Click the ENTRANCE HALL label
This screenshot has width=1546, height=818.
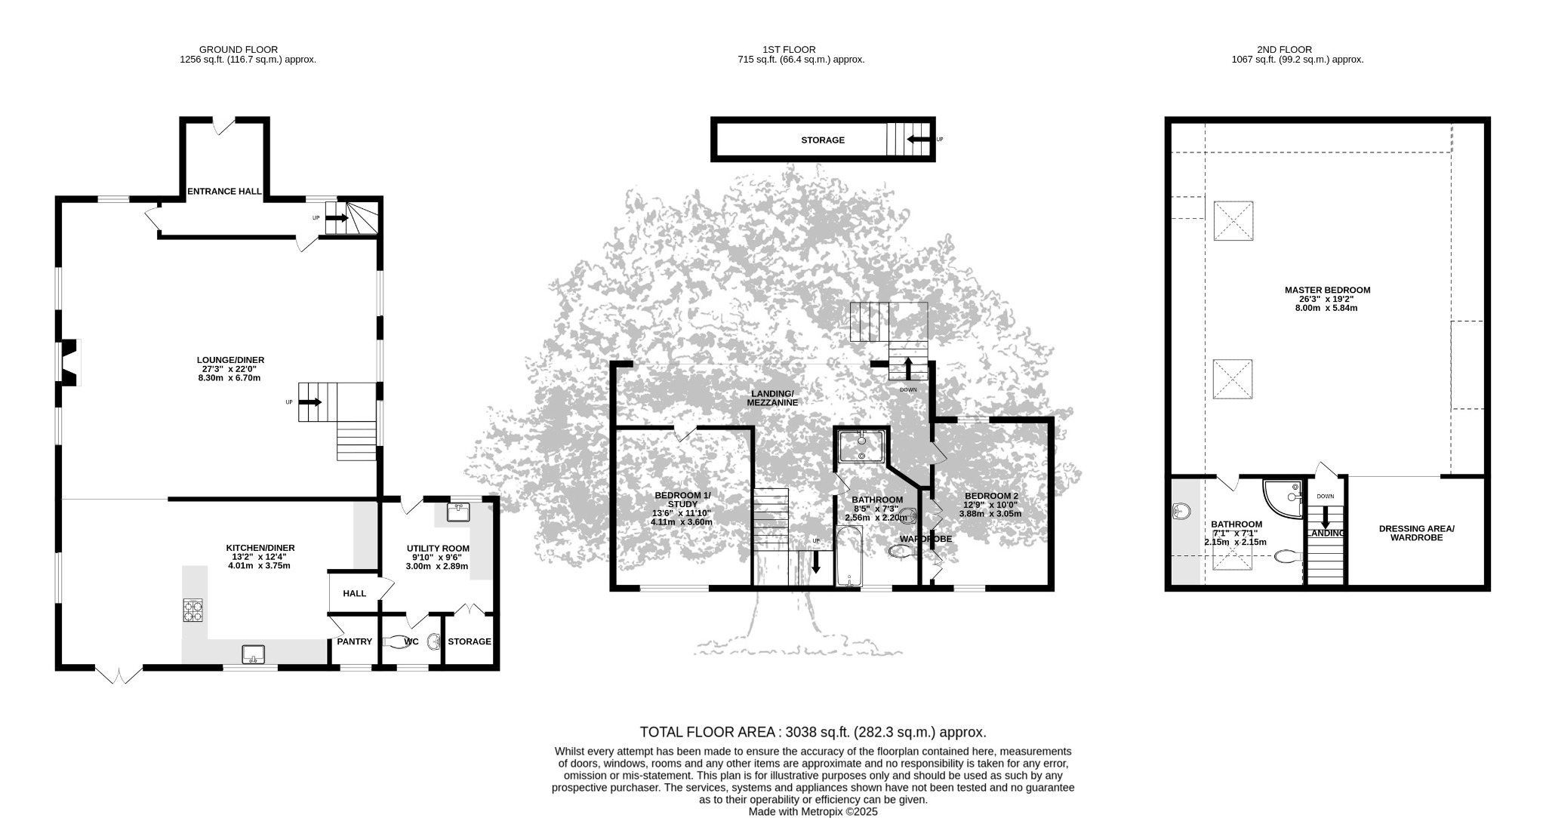coord(224,192)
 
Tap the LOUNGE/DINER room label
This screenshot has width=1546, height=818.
coord(230,360)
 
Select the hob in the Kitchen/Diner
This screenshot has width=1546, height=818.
coord(192,610)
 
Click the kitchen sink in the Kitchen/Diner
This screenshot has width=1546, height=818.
coord(253,653)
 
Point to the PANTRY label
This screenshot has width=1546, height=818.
coord(354,642)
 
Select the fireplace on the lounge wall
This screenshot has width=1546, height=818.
coord(69,362)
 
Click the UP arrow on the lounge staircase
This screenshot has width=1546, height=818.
coord(312,402)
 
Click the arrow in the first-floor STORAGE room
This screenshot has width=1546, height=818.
coord(919,139)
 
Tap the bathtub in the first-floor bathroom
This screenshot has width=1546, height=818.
coord(849,556)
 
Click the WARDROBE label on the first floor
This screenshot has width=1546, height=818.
coord(925,539)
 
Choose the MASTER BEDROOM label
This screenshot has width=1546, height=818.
coord(1327,290)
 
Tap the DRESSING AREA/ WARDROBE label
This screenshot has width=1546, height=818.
coord(1416,534)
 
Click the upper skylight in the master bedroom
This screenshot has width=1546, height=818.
coord(1233,221)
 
